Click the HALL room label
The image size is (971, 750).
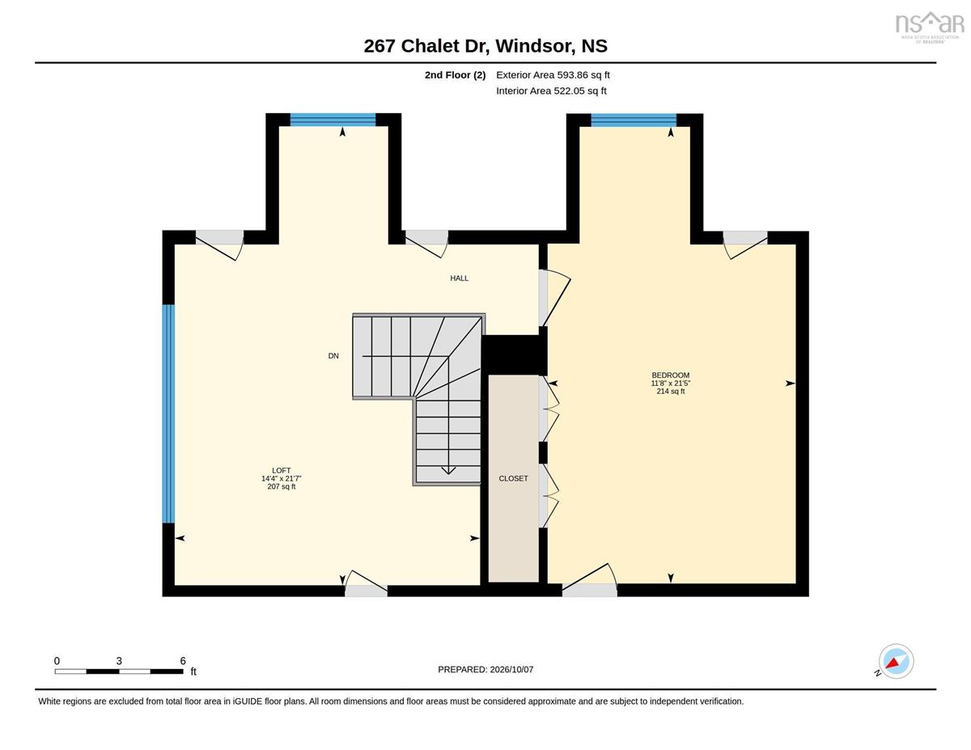click(x=459, y=278)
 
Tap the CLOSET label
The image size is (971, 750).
click(x=513, y=478)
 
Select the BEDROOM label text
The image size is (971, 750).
click(x=670, y=375)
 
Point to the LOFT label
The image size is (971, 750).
click(x=281, y=470)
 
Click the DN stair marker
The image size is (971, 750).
click(x=333, y=356)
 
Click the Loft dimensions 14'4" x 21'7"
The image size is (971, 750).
click(x=281, y=478)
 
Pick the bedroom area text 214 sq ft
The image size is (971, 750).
click(x=670, y=392)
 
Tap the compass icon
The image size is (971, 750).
click(x=896, y=662)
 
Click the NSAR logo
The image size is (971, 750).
click(x=929, y=27)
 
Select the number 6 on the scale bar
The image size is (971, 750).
click(x=183, y=661)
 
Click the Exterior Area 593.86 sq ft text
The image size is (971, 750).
click(x=553, y=75)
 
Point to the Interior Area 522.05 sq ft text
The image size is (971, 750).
click(x=551, y=91)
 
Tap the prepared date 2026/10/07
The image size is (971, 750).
click(x=511, y=670)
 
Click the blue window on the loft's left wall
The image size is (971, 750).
click(x=168, y=413)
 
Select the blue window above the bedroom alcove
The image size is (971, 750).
click(x=634, y=121)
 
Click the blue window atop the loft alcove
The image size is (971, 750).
click(x=333, y=120)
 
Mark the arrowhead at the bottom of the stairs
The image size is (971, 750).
click(x=448, y=470)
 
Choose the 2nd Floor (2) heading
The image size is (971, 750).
click(x=455, y=75)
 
